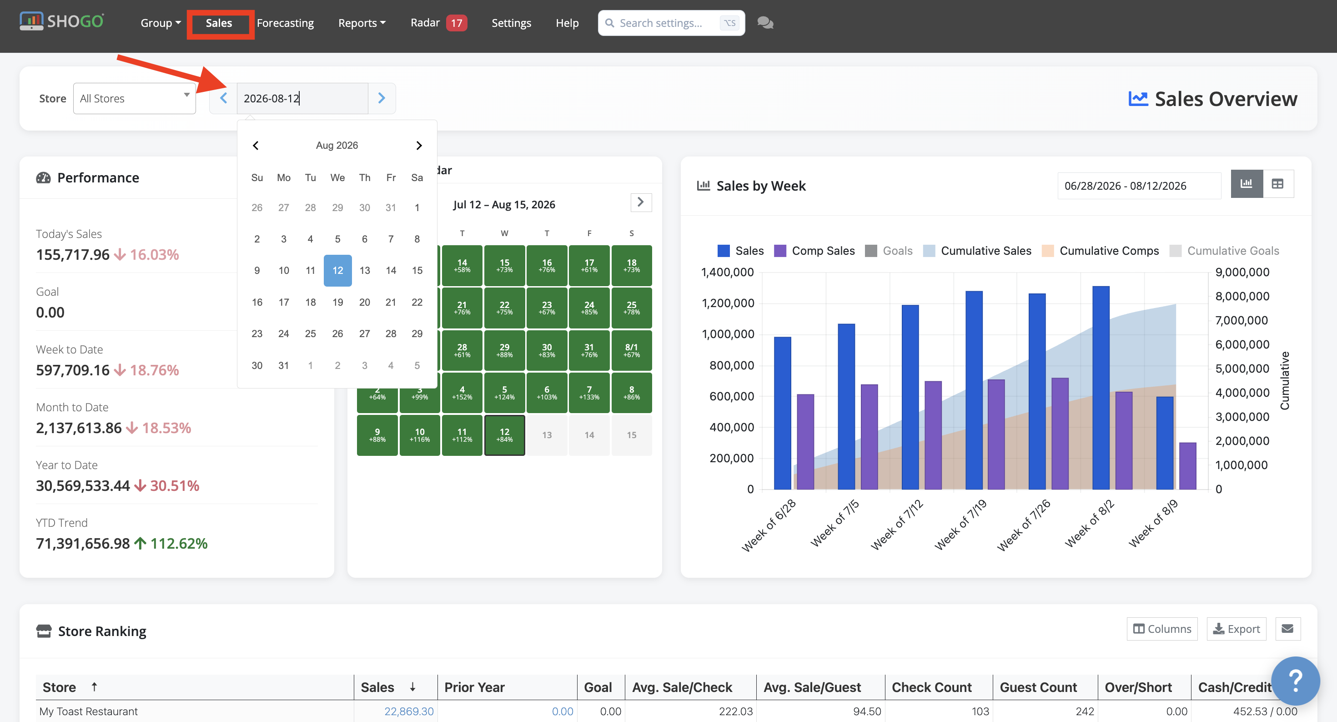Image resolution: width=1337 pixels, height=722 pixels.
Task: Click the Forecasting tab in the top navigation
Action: (x=285, y=23)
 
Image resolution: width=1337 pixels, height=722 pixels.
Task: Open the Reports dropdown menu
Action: (x=362, y=23)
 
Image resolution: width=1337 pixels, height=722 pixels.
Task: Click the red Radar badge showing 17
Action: (x=456, y=23)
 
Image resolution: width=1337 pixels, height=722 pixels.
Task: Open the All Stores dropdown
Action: (x=135, y=98)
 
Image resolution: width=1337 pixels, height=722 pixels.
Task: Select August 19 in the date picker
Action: (x=337, y=302)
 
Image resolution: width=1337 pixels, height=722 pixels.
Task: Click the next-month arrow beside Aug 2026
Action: (x=419, y=145)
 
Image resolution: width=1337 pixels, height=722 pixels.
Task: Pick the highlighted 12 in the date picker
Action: (x=338, y=270)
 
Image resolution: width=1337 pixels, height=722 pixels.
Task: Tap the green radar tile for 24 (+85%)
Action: (x=589, y=308)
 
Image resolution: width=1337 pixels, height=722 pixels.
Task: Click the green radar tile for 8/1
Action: (x=632, y=350)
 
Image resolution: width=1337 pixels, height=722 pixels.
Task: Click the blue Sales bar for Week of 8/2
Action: (x=1101, y=388)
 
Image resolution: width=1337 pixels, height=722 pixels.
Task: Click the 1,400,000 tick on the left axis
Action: (x=727, y=272)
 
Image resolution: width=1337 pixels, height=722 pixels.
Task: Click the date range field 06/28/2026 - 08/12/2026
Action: (x=1139, y=186)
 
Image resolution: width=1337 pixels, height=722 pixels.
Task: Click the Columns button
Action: (x=1162, y=629)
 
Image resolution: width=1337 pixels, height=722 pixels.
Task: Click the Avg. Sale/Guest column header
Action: (x=812, y=687)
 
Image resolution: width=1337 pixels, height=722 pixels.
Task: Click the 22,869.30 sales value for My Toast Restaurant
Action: (x=409, y=711)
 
